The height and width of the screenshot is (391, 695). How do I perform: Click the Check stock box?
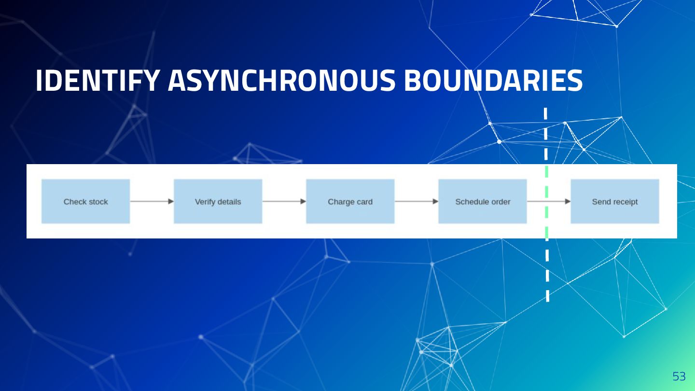coord(85,201)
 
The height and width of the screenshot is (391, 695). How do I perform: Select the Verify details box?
coord(218,201)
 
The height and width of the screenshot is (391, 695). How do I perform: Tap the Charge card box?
coord(350,201)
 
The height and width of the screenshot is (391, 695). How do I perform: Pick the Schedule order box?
coord(482,201)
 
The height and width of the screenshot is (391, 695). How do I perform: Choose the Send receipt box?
coord(614,201)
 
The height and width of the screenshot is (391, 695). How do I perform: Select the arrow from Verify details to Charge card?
coord(284,201)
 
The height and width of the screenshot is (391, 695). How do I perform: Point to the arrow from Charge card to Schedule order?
coord(416,201)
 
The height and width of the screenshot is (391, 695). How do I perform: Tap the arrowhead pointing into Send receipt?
coord(568,201)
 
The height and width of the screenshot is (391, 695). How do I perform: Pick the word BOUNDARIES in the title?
coord(493,81)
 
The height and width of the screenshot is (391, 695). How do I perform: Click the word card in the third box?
coord(364,202)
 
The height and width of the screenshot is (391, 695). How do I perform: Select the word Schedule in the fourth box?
coord(471,202)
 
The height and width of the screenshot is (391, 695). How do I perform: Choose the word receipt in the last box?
coord(625,202)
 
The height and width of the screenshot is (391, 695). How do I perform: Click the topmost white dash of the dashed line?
coord(545,113)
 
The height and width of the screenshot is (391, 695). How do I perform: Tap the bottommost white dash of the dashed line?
coord(547,295)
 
